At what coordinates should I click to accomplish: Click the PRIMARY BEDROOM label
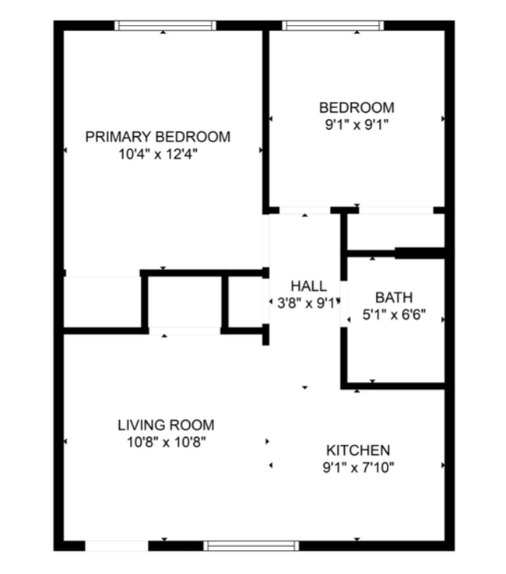[158, 137]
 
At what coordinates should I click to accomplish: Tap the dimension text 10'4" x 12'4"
[158, 154]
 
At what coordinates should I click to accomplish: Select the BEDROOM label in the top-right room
[357, 107]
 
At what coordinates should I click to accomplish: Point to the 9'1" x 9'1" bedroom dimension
[357, 124]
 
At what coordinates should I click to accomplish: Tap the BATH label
[394, 297]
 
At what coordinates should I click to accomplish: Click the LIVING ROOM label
[166, 425]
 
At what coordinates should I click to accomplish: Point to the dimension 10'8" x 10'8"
[166, 443]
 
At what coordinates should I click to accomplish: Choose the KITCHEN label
[357, 450]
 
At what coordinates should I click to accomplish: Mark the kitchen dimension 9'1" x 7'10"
[357, 467]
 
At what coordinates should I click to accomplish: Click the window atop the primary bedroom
[165, 26]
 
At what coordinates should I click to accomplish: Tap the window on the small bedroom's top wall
[333, 26]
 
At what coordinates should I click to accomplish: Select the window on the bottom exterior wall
[251, 545]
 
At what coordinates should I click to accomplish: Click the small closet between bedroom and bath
[394, 231]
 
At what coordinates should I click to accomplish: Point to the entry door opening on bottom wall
[116, 545]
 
